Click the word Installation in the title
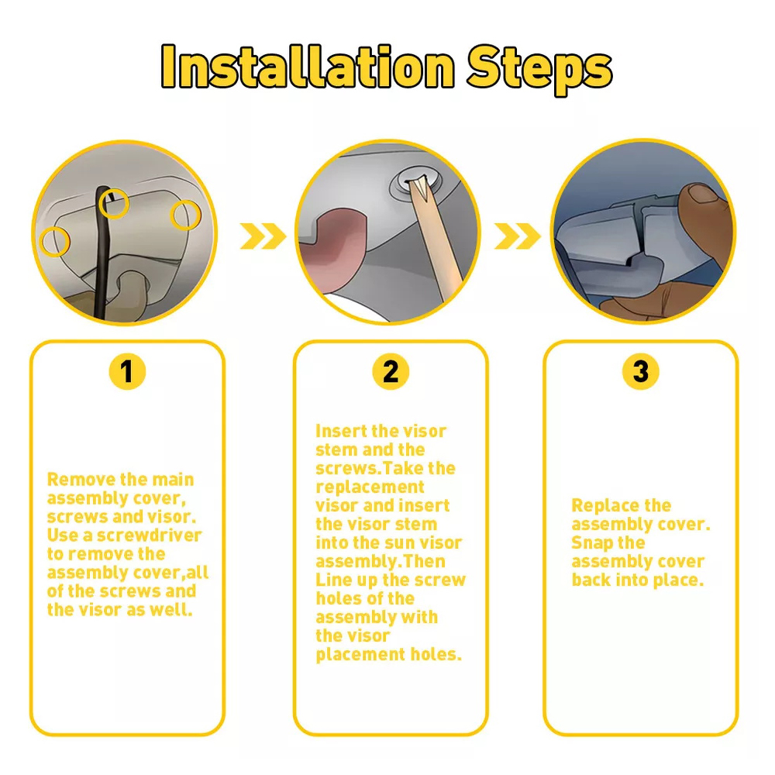click(308, 66)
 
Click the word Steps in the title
click(539, 69)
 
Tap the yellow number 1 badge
click(127, 371)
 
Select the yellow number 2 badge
click(391, 371)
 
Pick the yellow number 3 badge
click(641, 371)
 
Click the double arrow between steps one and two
click(263, 236)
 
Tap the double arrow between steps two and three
click(518, 236)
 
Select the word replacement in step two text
click(370, 487)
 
